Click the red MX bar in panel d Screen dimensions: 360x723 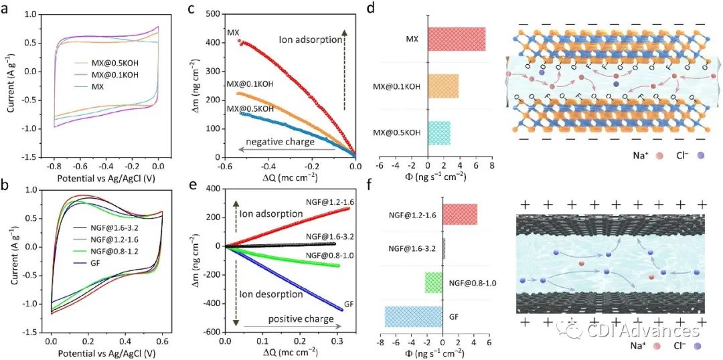point(457,39)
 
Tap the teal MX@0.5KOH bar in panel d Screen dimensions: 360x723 point(439,132)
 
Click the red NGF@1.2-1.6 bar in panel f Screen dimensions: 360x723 point(460,214)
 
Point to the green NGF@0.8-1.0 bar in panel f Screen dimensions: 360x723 point(434,282)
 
